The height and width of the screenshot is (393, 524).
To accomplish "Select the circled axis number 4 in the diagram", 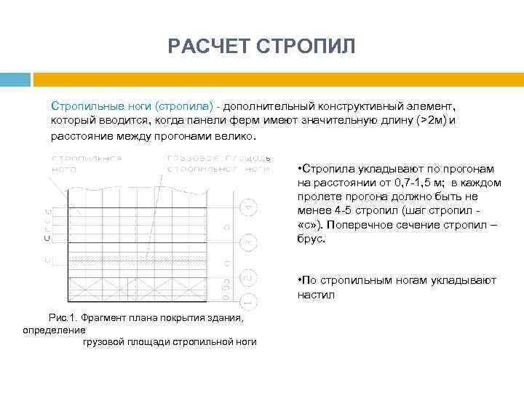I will pos(249,207).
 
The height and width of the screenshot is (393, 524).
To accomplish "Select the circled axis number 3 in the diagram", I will pos(249,240).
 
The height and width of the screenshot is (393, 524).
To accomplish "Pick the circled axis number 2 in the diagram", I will pos(249,277).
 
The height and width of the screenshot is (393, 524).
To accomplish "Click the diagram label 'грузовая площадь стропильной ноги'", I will pos(218,162).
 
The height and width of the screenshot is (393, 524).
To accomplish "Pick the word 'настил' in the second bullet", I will pos(313,295).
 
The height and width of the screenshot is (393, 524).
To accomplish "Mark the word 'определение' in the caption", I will pos(54,330).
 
